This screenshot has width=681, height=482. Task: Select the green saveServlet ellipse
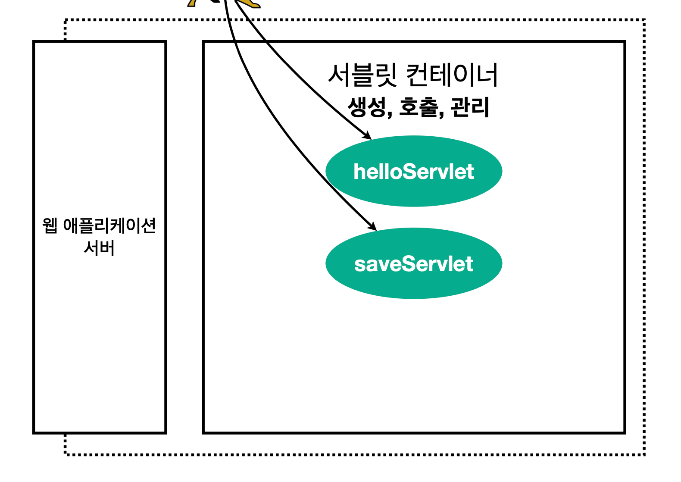click(414, 282)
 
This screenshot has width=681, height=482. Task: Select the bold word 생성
click(367, 107)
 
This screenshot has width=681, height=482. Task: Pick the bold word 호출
click(419, 107)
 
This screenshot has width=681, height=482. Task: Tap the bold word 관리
click(470, 107)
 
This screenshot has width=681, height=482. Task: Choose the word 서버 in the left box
click(100, 248)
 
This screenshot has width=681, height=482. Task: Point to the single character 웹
click(50, 225)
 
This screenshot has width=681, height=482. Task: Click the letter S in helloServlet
click(410, 172)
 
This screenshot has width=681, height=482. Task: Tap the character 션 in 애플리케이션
click(148, 225)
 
